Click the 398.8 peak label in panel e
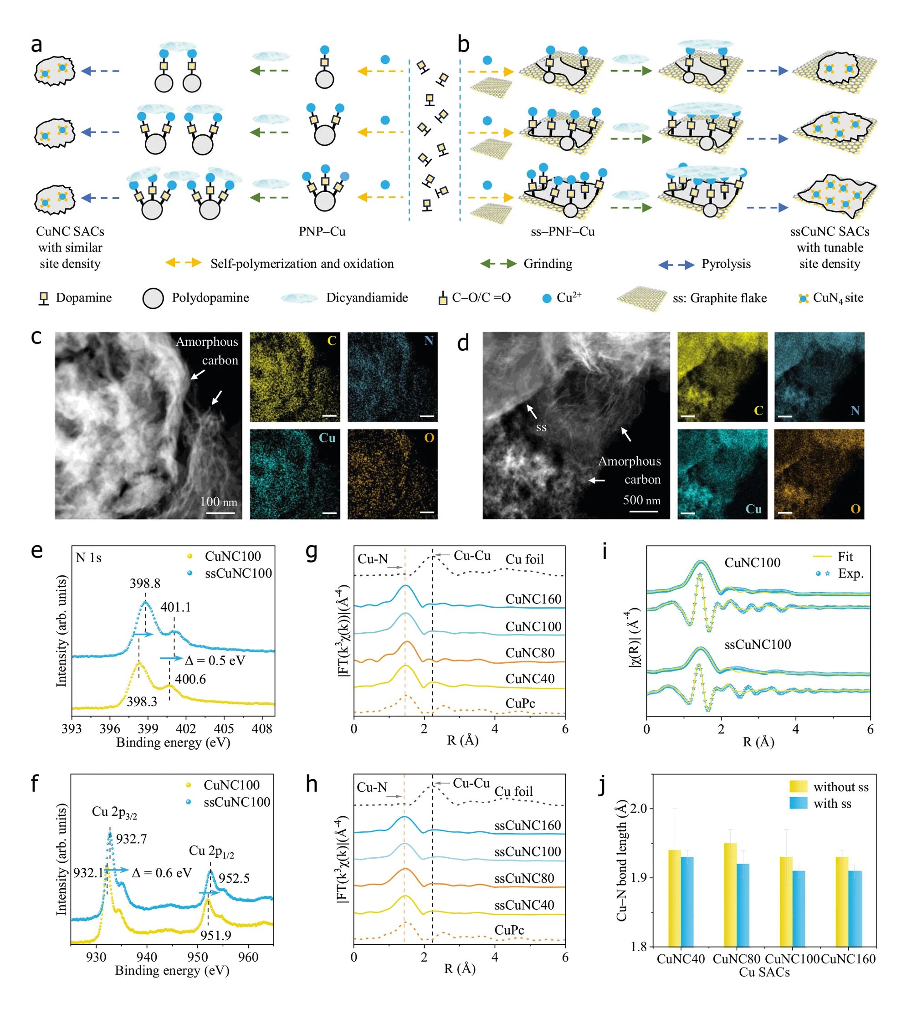(145, 583)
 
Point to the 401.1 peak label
(175, 607)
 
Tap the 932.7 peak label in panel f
(131, 839)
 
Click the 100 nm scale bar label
(219, 502)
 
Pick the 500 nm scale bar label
(642, 500)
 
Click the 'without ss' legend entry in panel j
(841, 787)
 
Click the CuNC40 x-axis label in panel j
(681, 959)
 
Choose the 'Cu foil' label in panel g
(525, 559)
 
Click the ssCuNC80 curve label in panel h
(524, 878)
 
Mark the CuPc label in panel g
(520, 703)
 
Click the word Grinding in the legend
(548, 263)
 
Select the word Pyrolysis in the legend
(726, 263)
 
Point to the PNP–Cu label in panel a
(322, 231)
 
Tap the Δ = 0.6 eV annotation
(162, 873)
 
